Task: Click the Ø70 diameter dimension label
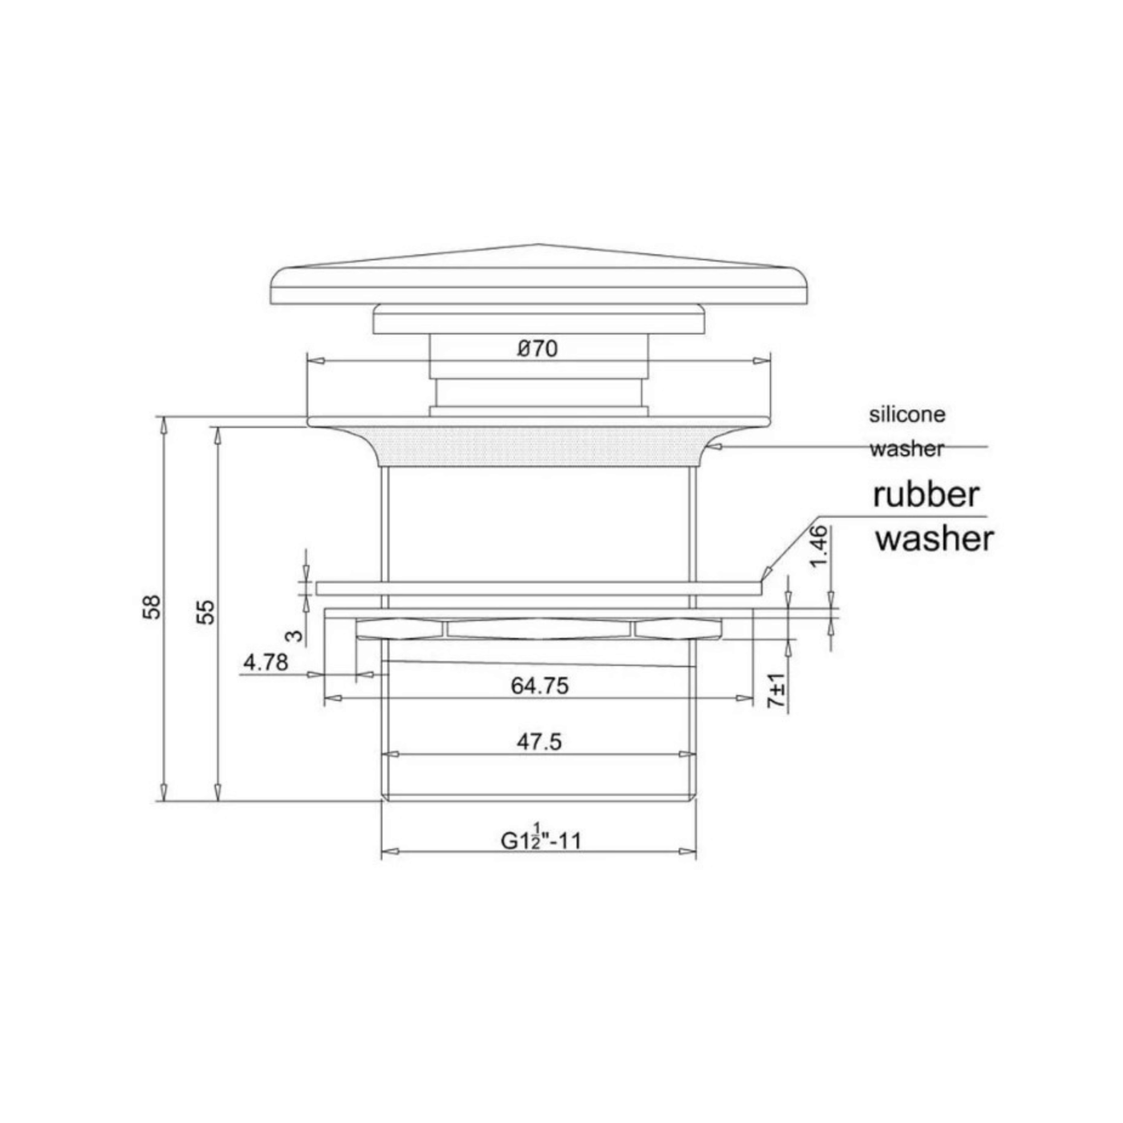coord(537,348)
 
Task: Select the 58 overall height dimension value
coord(152,607)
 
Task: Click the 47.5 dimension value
coord(539,742)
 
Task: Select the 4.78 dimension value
coord(266,662)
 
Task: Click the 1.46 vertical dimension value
coord(819,546)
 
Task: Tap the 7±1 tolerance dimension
coord(776,691)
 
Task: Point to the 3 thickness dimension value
coord(296,635)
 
